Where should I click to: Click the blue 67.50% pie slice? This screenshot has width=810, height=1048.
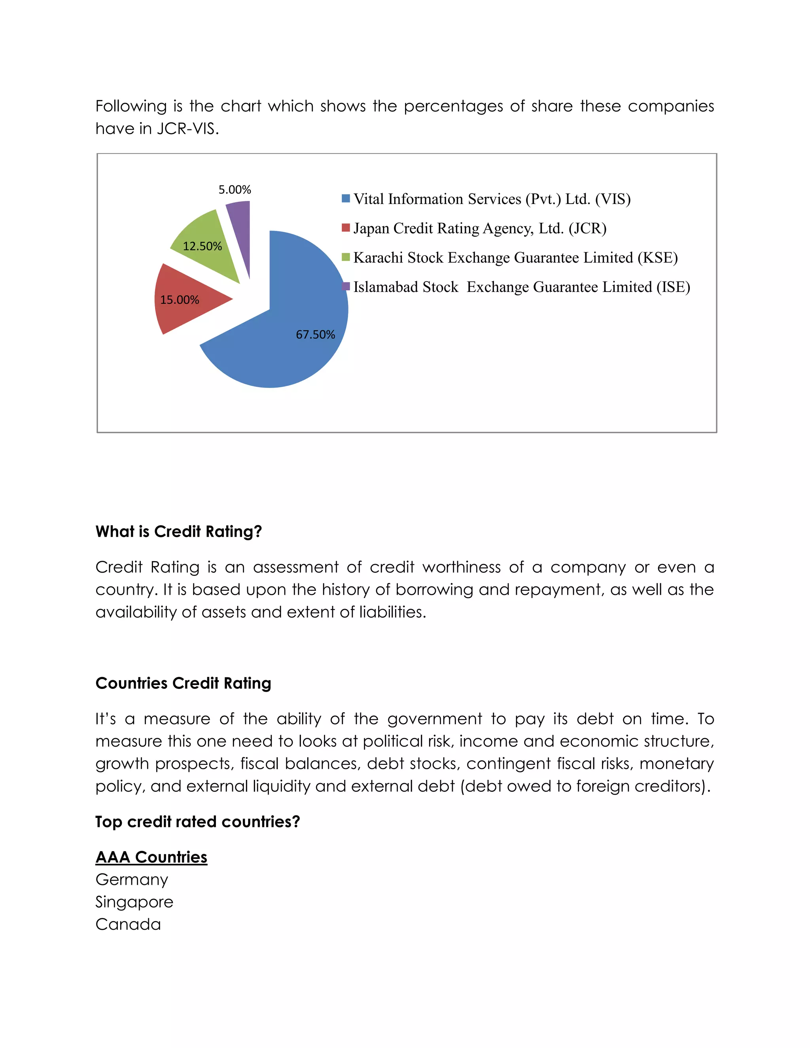point(288,336)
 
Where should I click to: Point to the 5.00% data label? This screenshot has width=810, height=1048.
point(235,189)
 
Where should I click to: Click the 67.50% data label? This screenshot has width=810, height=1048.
point(315,335)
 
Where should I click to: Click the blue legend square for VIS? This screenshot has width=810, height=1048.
point(346,199)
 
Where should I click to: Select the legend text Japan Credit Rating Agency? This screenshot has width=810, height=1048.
point(480,229)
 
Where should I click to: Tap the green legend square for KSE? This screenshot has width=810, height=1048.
point(346,257)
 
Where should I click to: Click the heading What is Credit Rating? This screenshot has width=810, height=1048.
point(178,532)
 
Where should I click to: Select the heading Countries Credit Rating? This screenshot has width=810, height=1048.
point(183,683)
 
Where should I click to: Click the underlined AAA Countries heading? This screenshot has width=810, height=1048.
point(151,857)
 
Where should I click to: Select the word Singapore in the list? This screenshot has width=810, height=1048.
point(134,902)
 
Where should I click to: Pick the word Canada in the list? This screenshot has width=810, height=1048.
point(128,925)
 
